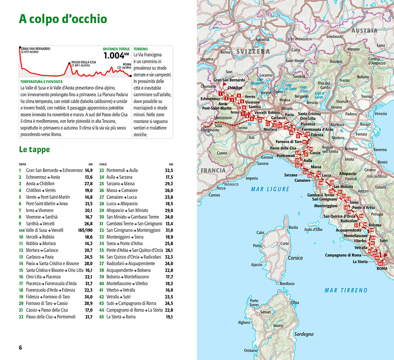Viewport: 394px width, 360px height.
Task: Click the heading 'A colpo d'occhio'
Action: (63, 19)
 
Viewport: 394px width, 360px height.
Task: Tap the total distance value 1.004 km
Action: (116, 56)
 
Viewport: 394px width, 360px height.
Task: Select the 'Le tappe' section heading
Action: (34, 150)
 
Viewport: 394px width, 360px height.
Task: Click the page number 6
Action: (20, 347)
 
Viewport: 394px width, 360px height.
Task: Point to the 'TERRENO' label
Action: (140, 49)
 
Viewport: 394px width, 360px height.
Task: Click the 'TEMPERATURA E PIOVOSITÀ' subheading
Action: (41, 81)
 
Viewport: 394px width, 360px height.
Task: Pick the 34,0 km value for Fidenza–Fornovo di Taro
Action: (88, 297)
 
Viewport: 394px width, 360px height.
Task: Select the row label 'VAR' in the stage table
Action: (22, 230)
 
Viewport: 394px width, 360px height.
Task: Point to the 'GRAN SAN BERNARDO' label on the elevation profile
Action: (36, 48)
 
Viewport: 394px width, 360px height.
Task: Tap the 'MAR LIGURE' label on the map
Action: (266, 189)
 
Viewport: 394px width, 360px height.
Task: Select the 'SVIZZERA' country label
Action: (253, 52)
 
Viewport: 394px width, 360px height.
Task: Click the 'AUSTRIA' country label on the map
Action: (364, 30)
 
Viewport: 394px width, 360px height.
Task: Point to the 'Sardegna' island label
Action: (304, 334)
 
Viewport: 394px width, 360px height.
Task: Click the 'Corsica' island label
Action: (295, 258)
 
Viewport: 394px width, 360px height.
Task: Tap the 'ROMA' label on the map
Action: (382, 268)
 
